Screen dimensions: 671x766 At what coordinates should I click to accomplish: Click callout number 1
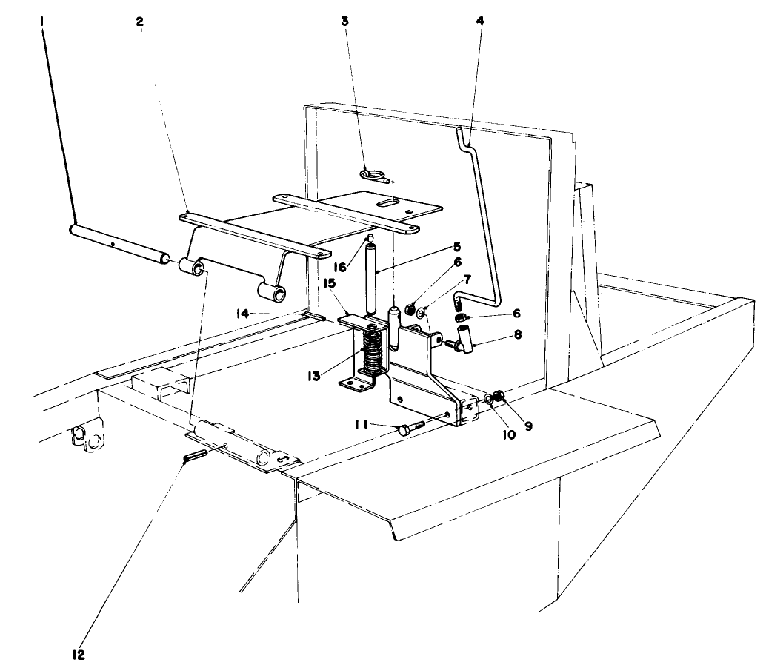click(43, 22)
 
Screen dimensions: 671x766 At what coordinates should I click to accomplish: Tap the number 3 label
click(344, 22)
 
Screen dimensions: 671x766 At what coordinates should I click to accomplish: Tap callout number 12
click(79, 655)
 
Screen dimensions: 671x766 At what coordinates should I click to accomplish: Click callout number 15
click(328, 284)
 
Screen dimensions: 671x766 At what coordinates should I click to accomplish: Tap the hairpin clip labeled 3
click(373, 175)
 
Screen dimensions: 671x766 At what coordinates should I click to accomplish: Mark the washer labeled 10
click(490, 400)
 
